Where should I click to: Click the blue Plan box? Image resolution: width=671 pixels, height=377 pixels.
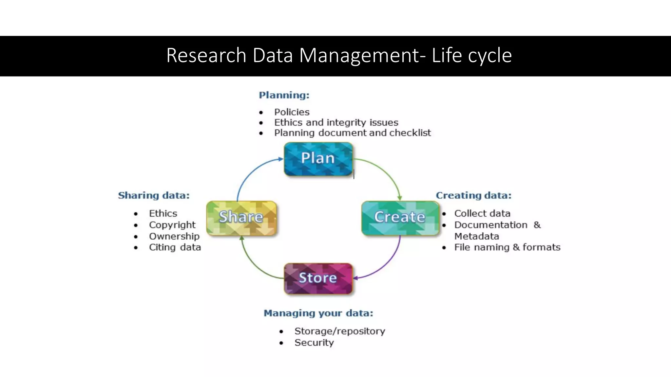[318, 159]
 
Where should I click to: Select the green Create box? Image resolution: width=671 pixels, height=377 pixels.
[400, 218]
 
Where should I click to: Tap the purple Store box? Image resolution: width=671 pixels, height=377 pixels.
[318, 278]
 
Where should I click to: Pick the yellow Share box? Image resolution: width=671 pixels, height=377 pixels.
[241, 218]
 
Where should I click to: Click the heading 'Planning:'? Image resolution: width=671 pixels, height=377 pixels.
[284, 95]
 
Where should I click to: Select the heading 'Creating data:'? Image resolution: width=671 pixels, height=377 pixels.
[473, 195]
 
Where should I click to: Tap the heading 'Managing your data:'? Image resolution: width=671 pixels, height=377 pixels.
[318, 313]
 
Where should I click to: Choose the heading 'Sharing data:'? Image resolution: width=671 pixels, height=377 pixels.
[154, 195]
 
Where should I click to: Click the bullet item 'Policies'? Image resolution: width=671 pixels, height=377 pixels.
[292, 112]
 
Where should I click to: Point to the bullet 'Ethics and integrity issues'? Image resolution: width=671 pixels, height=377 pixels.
[336, 122]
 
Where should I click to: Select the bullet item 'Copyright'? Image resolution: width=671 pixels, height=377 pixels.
[172, 225]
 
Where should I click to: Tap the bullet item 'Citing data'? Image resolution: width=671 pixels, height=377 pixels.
[175, 247]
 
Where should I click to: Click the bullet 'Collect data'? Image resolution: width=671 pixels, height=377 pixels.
[482, 213]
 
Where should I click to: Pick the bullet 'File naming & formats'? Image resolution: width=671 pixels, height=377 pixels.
[507, 247]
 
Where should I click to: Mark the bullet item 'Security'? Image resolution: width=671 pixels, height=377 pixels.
[314, 343]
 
